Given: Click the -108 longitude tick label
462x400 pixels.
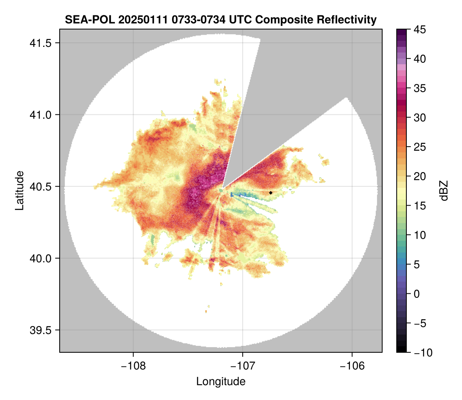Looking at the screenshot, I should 133,366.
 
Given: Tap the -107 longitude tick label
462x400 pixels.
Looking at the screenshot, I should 243,366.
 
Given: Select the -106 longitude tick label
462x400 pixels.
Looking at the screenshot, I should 352,366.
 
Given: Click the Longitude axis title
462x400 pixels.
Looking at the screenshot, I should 221,381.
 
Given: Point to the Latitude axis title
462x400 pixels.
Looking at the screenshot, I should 19,190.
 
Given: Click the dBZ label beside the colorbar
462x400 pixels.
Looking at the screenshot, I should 444,190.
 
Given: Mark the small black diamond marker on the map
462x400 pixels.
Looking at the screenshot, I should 271,193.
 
